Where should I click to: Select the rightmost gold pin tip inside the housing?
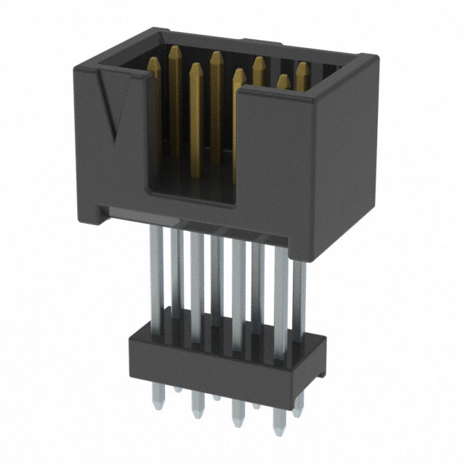302,68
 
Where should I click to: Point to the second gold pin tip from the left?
195,70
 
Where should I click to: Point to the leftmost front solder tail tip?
157,399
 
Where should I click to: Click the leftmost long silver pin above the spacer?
155,269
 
